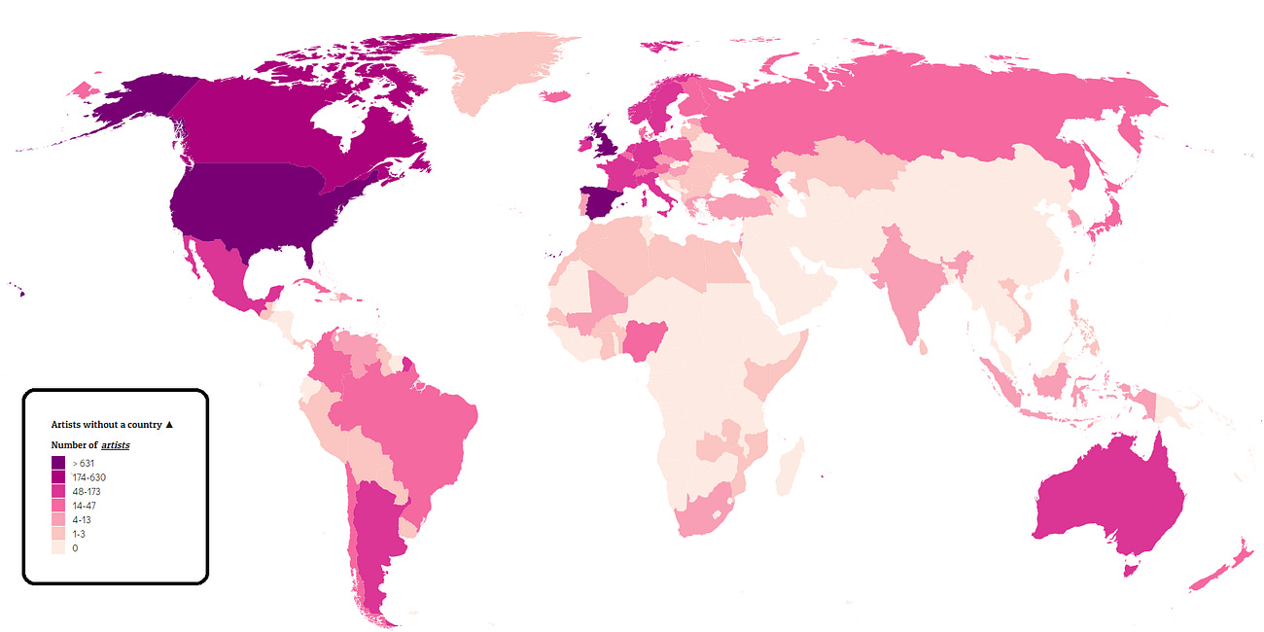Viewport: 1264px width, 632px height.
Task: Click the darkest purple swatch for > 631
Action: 58,463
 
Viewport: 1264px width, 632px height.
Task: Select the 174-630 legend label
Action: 88,477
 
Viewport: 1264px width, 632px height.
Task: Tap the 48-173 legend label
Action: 86,492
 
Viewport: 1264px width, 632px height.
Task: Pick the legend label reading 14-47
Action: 84,506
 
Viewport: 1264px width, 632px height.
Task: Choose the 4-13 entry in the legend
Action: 82,520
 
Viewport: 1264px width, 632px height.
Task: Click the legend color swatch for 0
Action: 58,548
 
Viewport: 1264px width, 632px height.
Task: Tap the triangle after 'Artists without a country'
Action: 169,425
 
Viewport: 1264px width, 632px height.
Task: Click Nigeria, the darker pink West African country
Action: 642,339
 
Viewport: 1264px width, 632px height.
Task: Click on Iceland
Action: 555,96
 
